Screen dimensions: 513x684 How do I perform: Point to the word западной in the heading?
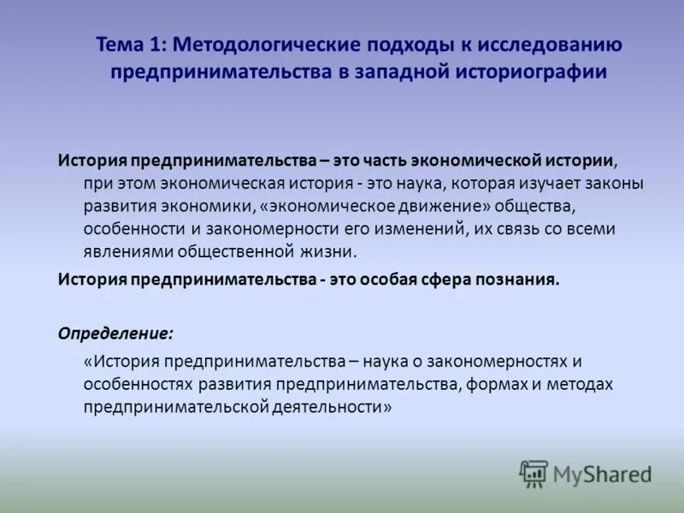click(x=404, y=72)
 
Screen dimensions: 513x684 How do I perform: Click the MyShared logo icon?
click(x=534, y=473)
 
